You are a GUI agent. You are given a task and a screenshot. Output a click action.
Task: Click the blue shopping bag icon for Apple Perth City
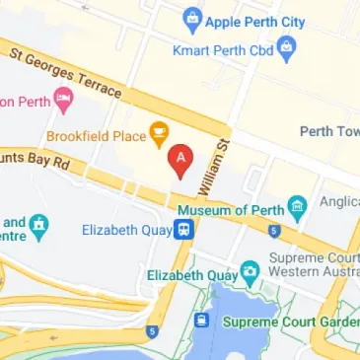click(x=191, y=18)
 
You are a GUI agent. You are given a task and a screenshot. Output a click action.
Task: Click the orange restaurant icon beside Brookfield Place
click(x=157, y=130)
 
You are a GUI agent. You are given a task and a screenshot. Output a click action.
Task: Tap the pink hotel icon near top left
click(x=64, y=98)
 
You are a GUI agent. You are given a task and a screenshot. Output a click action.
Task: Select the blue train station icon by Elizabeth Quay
click(x=183, y=230)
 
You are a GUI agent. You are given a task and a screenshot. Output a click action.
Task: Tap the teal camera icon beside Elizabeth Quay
click(x=250, y=268)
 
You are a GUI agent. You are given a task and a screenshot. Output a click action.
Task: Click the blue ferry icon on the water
click(x=201, y=321)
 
